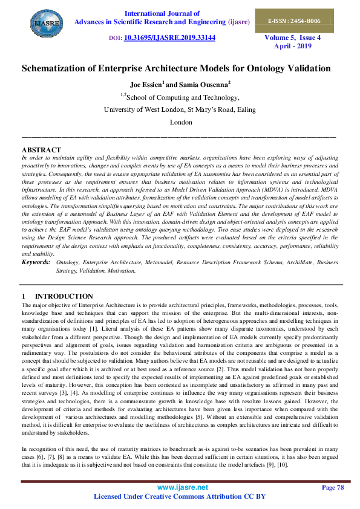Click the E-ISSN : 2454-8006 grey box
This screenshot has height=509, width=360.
[294, 21]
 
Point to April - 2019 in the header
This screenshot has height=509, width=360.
[292, 46]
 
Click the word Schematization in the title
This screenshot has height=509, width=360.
[58, 68]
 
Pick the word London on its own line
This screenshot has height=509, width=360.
[180, 122]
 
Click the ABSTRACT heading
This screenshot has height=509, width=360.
[41, 150]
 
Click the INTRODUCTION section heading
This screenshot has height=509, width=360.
[64, 296]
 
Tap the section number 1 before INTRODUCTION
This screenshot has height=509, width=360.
[24, 296]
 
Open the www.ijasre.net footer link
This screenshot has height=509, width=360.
[182, 487]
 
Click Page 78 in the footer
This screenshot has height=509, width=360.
[332, 487]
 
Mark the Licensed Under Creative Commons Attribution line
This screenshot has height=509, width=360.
[180, 497]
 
